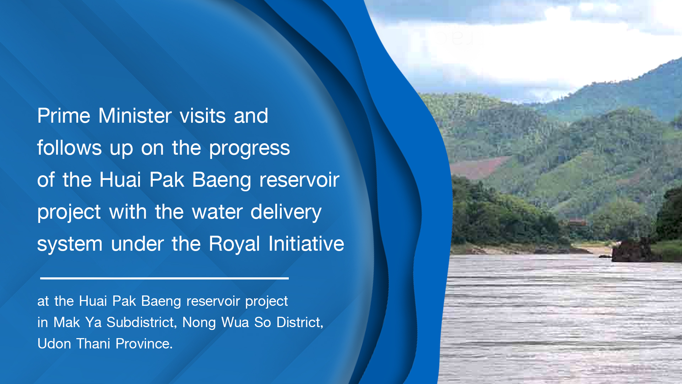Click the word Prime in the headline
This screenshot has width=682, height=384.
coord(64,116)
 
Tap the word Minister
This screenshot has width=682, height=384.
coord(135,116)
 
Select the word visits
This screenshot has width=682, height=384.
coord(203,116)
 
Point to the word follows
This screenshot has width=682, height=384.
coord(70,148)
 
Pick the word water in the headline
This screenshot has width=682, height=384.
coord(217,212)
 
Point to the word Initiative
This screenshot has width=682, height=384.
coord(306,244)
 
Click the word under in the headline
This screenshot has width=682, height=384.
coord(137,244)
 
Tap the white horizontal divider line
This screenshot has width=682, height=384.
coord(164,278)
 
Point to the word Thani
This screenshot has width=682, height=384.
coord(93,344)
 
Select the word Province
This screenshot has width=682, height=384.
coord(144,344)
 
